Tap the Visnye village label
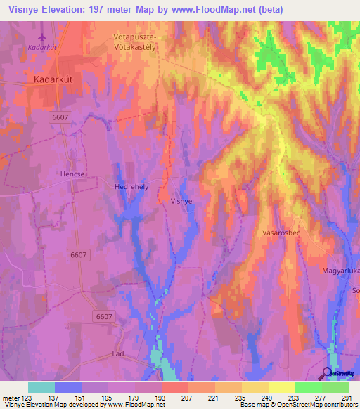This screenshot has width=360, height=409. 181,200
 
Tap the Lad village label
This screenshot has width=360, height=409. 118,353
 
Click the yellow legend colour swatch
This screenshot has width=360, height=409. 281,387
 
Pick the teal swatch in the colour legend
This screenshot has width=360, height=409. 41,387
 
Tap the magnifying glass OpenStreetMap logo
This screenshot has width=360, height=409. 328,372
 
